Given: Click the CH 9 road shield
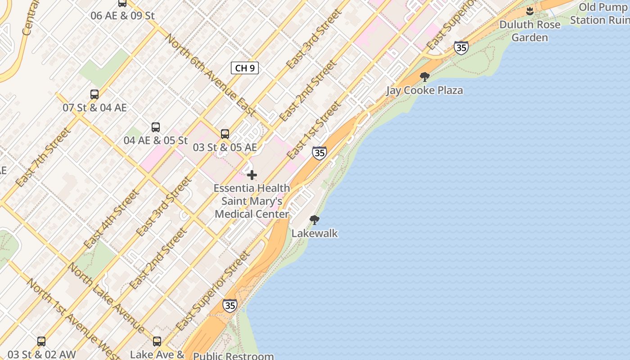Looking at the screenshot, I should click(245, 68).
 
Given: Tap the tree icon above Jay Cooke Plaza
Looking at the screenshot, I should click(424, 77).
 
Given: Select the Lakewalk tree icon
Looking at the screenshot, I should click(315, 220).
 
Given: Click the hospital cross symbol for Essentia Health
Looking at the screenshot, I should click(252, 175).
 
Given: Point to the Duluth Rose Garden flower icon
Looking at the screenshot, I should click(530, 10).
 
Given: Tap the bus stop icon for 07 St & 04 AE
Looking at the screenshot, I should click(94, 94).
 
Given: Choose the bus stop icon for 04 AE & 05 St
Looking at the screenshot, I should click(156, 127).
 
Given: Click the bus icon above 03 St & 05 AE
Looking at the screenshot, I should click(225, 134).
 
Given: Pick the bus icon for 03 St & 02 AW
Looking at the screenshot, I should click(41, 342).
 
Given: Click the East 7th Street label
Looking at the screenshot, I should click(43, 157).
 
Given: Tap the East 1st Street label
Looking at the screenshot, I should click(314, 130).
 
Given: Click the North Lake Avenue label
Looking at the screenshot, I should click(106, 297).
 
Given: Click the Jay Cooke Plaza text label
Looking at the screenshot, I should click(424, 90).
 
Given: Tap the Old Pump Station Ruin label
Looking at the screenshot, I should click(600, 13).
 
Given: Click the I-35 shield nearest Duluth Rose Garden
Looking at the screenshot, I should click(461, 48).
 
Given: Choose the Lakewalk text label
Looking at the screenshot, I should click(315, 233).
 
